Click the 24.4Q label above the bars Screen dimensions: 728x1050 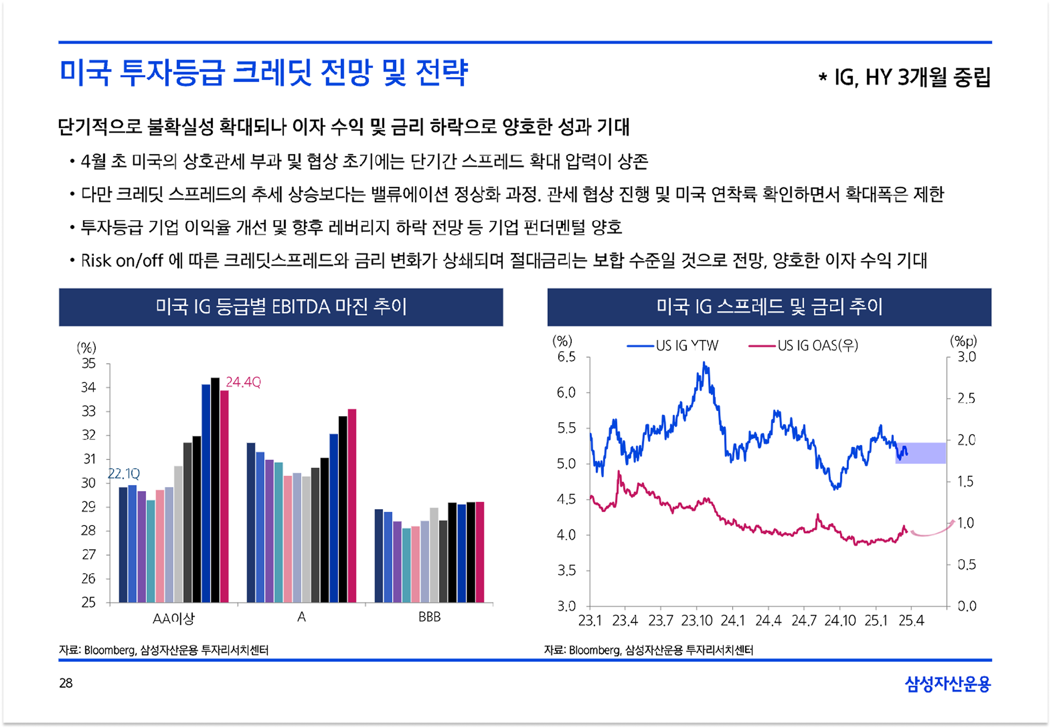pos(243,382)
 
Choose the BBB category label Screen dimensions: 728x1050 pos(429,617)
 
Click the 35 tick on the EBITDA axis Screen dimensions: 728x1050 pos(89,363)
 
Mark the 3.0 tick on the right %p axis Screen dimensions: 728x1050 pos(966,357)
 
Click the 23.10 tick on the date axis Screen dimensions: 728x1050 pos(697,621)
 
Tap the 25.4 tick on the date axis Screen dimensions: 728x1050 pos(911,621)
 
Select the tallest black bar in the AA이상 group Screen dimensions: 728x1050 pos(215,490)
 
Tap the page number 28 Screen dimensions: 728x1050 pos(66,683)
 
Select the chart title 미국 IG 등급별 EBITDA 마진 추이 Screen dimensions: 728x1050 pos(281,307)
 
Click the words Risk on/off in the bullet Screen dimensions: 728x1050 pos(122,261)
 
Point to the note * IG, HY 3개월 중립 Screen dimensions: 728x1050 pos(904,77)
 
